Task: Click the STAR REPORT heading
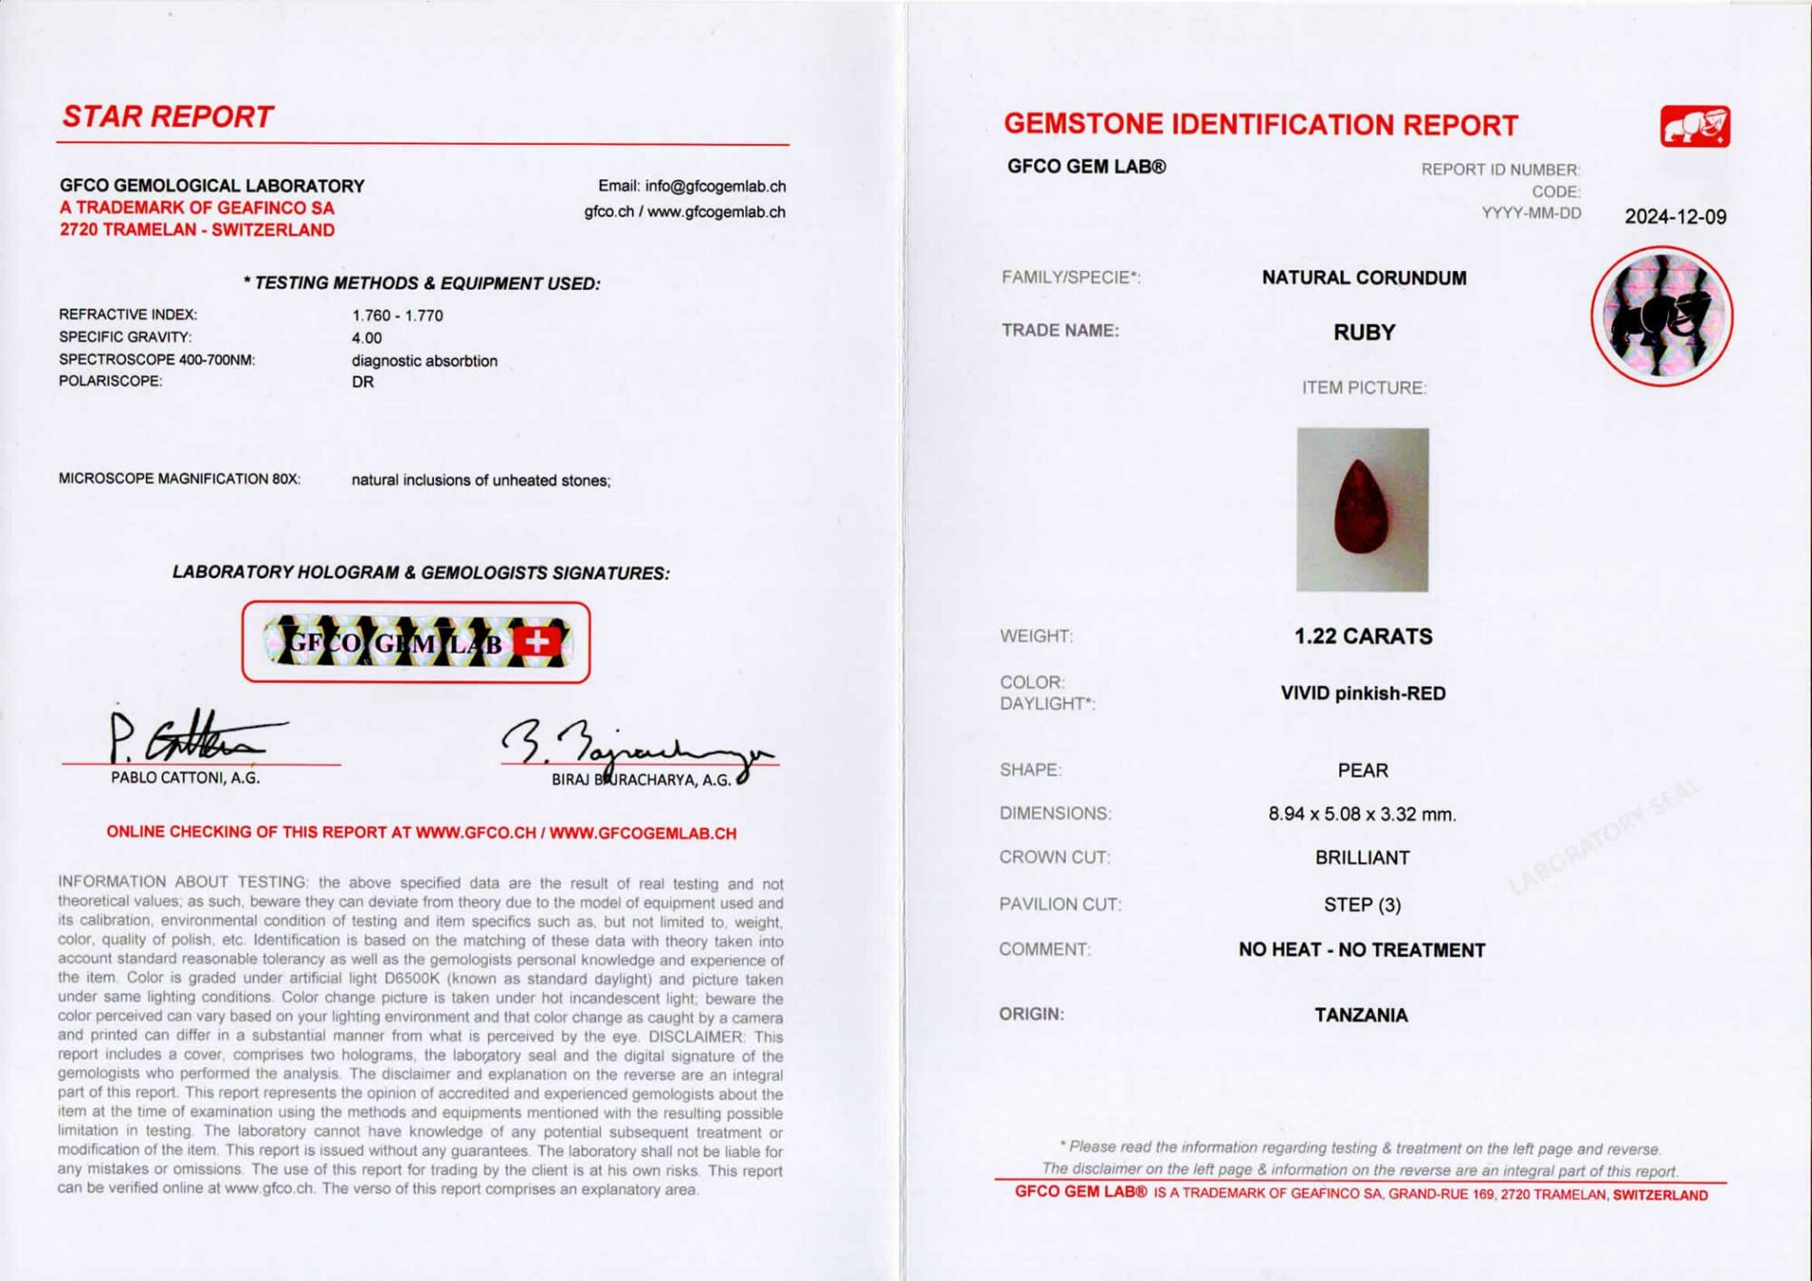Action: pos(168,117)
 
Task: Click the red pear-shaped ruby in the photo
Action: pos(1361,506)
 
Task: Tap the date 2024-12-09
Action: pos(1675,217)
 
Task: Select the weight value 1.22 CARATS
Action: pos(1362,636)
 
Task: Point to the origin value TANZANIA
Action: pos(1361,1015)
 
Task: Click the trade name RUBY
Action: pos(1364,333)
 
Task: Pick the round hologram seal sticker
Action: pos(1661,317)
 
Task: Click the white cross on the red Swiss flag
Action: pos(538,642)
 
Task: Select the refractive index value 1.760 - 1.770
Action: pos(397,316)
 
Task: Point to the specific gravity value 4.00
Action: pos(366,339)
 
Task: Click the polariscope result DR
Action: pos(362,382)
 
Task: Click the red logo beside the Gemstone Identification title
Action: pos(1695,127)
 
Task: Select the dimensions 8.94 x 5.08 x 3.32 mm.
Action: pos(1362,815)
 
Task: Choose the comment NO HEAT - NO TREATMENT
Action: pos(1361,950)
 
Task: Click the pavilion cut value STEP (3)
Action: pos(1362,904)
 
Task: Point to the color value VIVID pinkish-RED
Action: pos(1362,693)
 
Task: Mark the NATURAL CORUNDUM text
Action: pos(1364,279)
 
